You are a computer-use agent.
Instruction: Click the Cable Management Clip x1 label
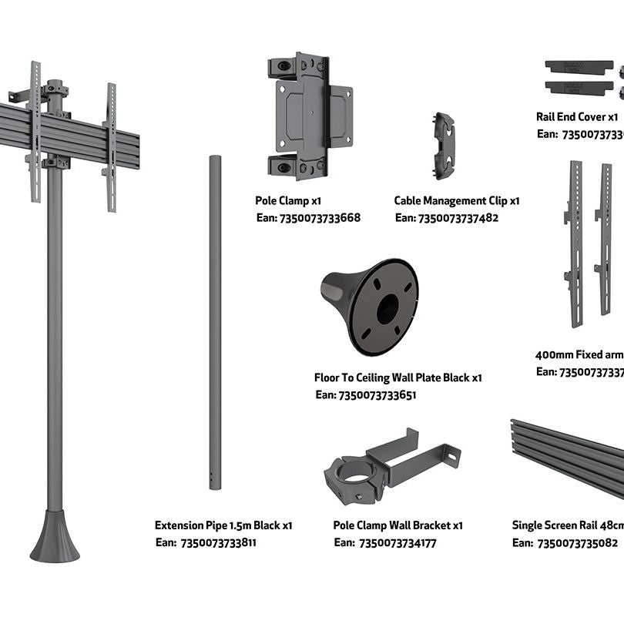coord(457,200)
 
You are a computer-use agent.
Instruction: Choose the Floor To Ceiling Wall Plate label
coord(398,377)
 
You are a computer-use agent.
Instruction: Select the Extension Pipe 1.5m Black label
coord(223,525)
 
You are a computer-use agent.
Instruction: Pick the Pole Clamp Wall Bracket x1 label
coord(398,525)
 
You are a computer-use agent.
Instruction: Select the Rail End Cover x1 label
coord(576,117)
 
